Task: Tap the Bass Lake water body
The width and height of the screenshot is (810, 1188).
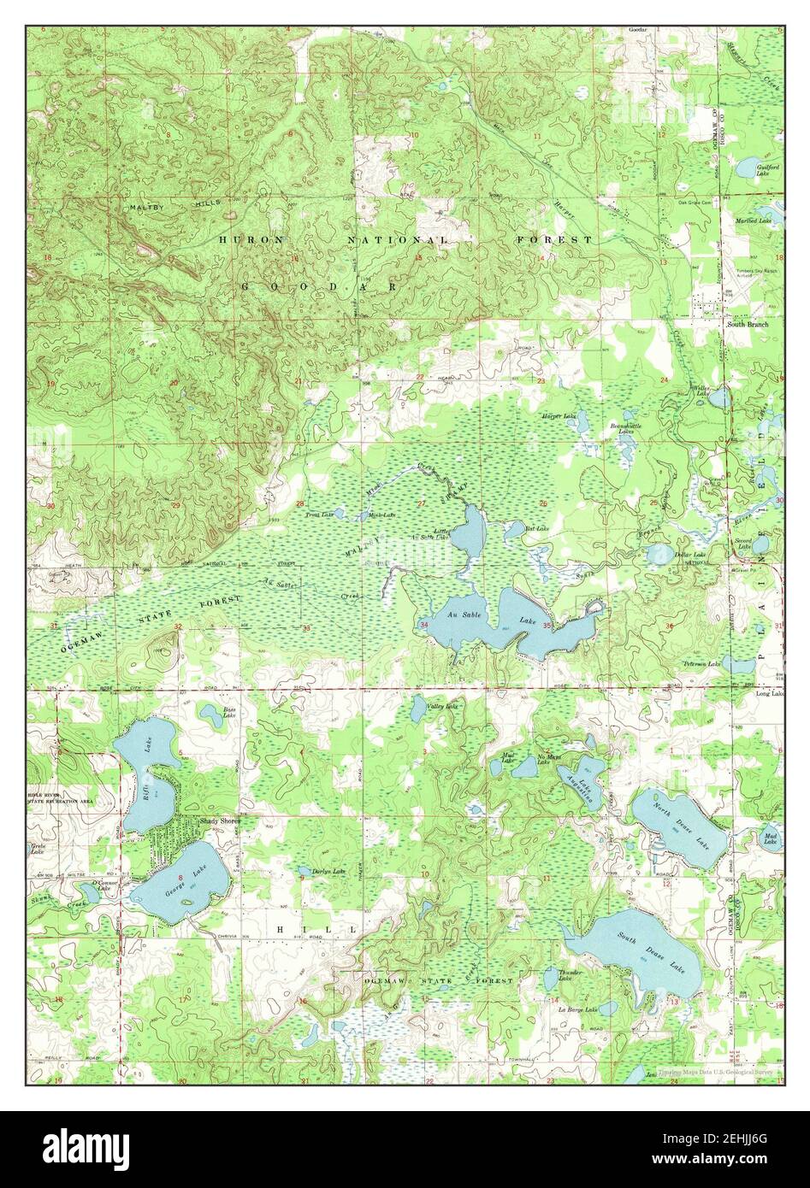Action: click(x=210, y=710)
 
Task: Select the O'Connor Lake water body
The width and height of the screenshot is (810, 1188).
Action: click(x=91, y=892)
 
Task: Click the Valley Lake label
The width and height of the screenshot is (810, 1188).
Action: click(x=443, y=707)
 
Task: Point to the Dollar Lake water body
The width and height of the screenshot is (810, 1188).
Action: click(x=659, y=556)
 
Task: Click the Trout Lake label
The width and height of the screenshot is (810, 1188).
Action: click(x=318, y=515)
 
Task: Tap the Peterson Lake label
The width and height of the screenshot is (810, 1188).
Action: click(x=698, y=663)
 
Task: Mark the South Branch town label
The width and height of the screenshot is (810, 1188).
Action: click(x=747, y=325)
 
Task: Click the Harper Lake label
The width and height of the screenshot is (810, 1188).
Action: click(x=559, y=416)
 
